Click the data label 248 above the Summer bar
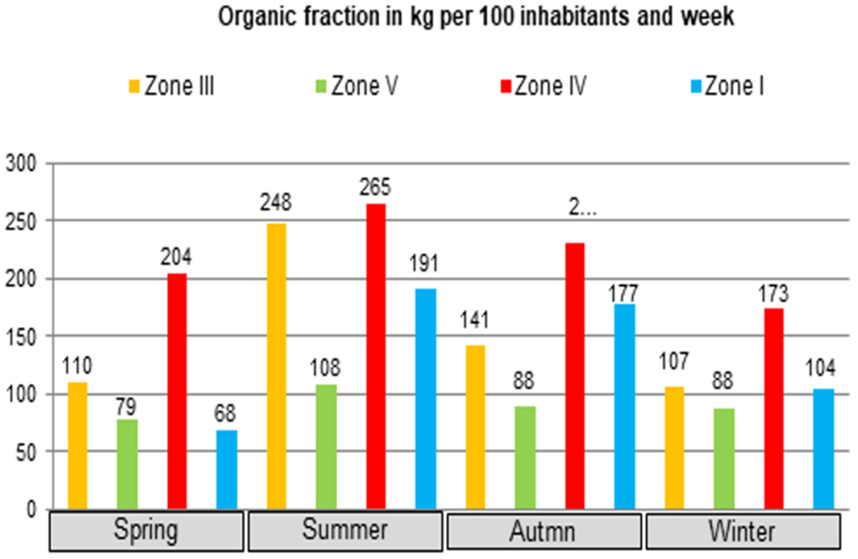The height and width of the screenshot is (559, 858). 276,203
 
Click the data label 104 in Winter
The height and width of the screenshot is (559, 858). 820,368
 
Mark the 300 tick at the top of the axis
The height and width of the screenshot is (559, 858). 21,164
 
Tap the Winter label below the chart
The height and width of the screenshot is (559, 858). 742,532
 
